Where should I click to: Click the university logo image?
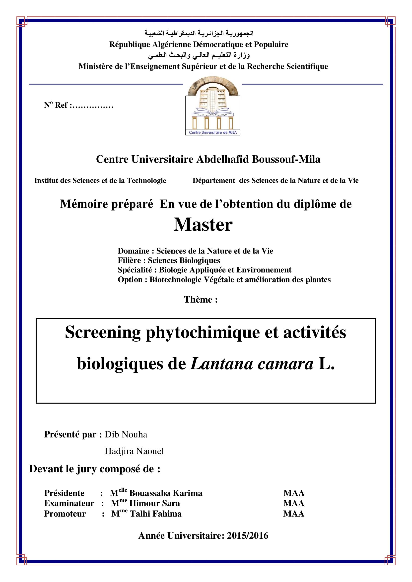(212, 106)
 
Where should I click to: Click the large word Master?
(203, 225)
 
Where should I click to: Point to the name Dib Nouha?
(126, 434)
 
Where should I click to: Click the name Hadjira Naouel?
(134, 451)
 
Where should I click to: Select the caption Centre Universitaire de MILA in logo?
(212, 133)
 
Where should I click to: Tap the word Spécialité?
(135, 270)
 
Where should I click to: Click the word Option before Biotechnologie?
(130, 280)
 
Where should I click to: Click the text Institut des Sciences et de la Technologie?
(100, 180)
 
